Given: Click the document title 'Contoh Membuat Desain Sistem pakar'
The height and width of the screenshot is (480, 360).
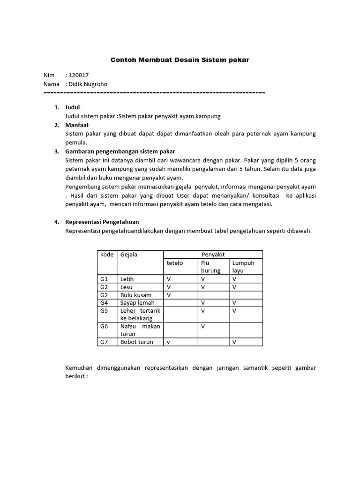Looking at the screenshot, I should (x=180, y=60).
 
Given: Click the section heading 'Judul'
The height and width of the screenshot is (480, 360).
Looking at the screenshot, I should (x=73, y=107).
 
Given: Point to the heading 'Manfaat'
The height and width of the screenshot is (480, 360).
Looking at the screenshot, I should (x=77, y=125).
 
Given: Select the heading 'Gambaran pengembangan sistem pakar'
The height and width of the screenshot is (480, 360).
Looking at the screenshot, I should (x=120, y=151).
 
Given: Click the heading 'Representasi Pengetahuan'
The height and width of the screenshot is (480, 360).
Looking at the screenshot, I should (x=102, y=222).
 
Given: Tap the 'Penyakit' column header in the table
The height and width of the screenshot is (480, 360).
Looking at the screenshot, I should (x=213, y=254).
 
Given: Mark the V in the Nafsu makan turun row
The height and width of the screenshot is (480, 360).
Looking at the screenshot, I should (x=203, y=326).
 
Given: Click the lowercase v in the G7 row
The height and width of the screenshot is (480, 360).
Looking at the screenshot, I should (x=168, y=342).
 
